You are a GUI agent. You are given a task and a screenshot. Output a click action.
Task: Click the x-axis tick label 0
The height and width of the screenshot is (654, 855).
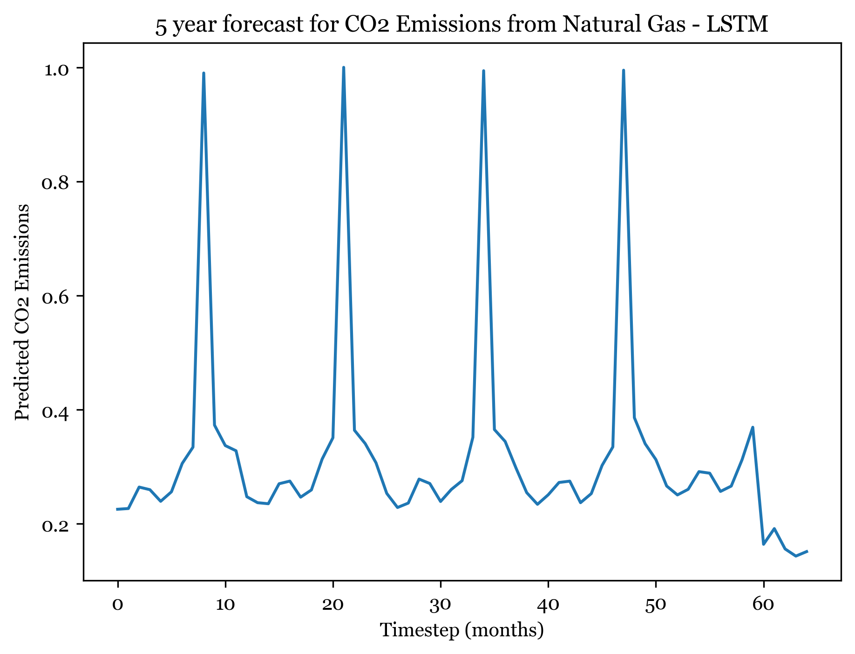(x=118, y=604)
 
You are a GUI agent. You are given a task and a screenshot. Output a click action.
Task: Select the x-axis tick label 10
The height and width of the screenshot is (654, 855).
(x=225, y=604)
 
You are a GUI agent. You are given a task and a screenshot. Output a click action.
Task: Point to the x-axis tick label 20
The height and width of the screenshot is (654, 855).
(x=333, y=604)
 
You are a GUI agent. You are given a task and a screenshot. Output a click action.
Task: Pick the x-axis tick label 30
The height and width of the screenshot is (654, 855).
(x=441, y=604)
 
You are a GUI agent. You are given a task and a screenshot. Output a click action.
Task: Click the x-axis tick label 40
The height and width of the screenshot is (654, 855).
(x=548, y=604)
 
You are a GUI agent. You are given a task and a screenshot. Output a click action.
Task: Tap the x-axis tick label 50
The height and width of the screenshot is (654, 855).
(x=656, y=604)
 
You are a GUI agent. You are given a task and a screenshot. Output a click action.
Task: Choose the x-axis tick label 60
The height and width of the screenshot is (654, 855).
(x=763, y=604)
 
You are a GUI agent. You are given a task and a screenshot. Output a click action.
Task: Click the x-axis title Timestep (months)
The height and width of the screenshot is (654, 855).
(x=462, y=630)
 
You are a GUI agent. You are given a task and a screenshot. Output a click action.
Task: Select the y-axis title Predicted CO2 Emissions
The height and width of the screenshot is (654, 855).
(x=22, y=312)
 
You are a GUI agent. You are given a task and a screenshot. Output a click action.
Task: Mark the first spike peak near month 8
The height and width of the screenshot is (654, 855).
(x=204, y=74)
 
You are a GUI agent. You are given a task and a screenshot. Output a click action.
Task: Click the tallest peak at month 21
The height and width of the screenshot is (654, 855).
(x=343, y=68)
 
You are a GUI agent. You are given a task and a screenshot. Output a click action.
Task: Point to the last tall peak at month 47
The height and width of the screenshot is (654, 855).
(x=623, y=71)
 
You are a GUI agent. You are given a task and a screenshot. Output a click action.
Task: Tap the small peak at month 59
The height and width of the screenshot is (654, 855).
(x=753, y=427)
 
